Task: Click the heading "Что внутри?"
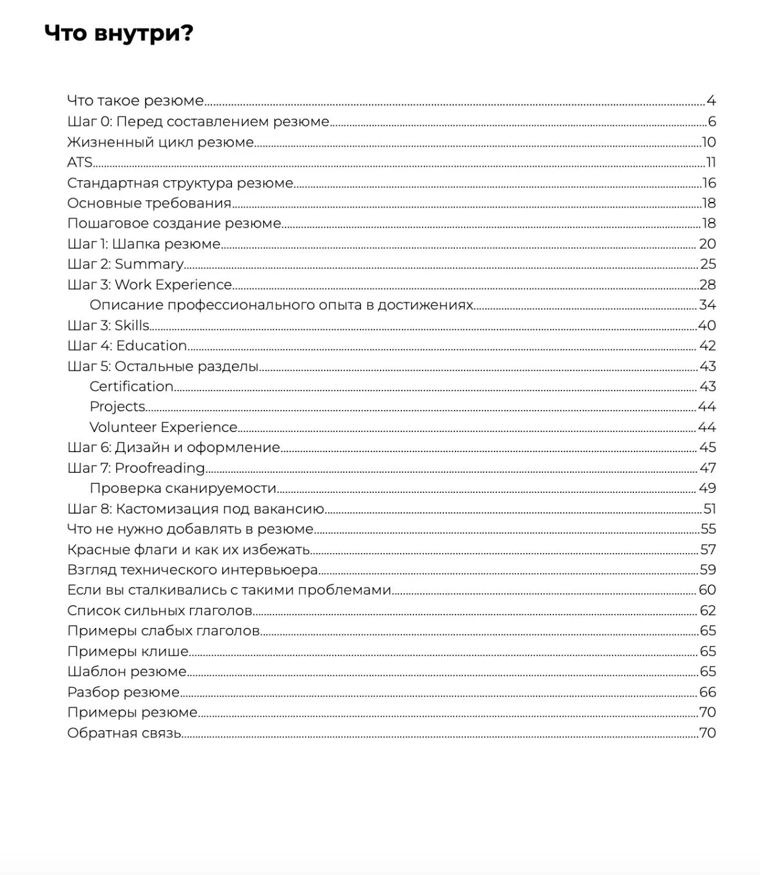(x=119, y=33)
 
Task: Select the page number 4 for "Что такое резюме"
(x=711, y=101)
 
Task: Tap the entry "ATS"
(x=80, y=162)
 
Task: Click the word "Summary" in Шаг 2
(x=149, y=264)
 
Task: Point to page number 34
(x=707, y=305)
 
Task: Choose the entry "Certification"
(x=132, y=386)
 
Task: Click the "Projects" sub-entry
(x=118, y=406)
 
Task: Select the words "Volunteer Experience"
(x=163, y=427)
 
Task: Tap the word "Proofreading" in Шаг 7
(x=160, y=468)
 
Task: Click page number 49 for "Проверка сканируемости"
(x=707, y=488)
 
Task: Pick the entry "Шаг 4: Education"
(x=127, y=346)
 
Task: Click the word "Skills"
(x=132, y=326)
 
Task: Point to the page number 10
(x=709, y=142)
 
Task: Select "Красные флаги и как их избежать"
(x=189, y=549)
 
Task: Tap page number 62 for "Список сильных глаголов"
(x=708, y=610)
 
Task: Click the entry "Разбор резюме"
(x=124, y=692)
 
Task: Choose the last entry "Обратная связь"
(x=125, y=733)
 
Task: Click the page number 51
(x=709, y=509)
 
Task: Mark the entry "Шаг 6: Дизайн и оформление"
(x=174, y=447)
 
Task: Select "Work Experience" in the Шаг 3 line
(x=174, y=285)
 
